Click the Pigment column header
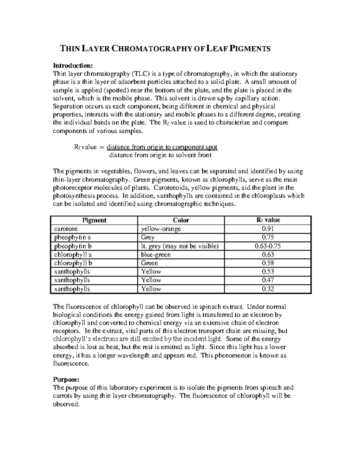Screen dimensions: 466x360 coord(94,220)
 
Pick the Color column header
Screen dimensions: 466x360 coord(181,220)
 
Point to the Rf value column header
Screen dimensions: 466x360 coord(268,220)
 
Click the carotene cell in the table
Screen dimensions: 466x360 coord(66,229)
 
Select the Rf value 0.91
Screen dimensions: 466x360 coord(268,229)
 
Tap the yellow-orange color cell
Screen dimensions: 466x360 coord(161,229)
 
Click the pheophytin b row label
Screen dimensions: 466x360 coord(73,246)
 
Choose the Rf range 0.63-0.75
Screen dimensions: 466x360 coord(268,246)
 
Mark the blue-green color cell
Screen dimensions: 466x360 coord(156,255)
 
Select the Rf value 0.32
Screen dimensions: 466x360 coord(268,289)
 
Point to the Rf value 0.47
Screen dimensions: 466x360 coord(268,280)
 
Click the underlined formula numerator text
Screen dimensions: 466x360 coord(162,147)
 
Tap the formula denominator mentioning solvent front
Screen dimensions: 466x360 coord(160,155)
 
